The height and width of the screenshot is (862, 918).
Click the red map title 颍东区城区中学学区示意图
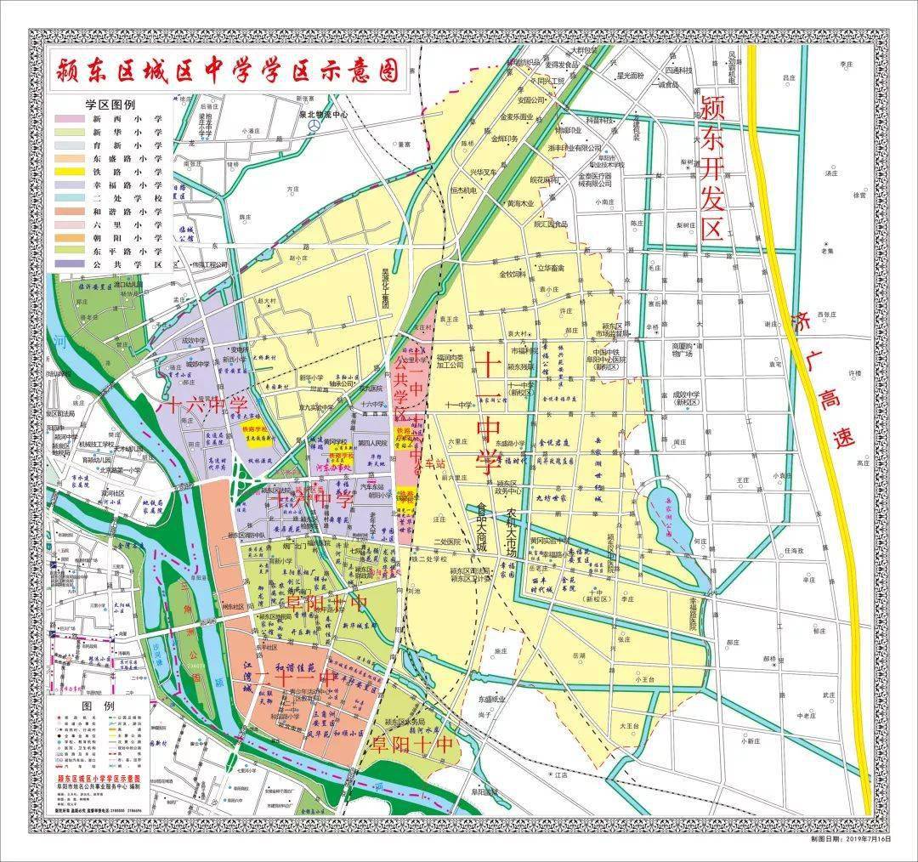(x=227, y=71)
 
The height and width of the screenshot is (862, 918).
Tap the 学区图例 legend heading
(x=110, y=105)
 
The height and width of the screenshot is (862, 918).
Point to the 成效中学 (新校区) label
(x=685, y=398)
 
